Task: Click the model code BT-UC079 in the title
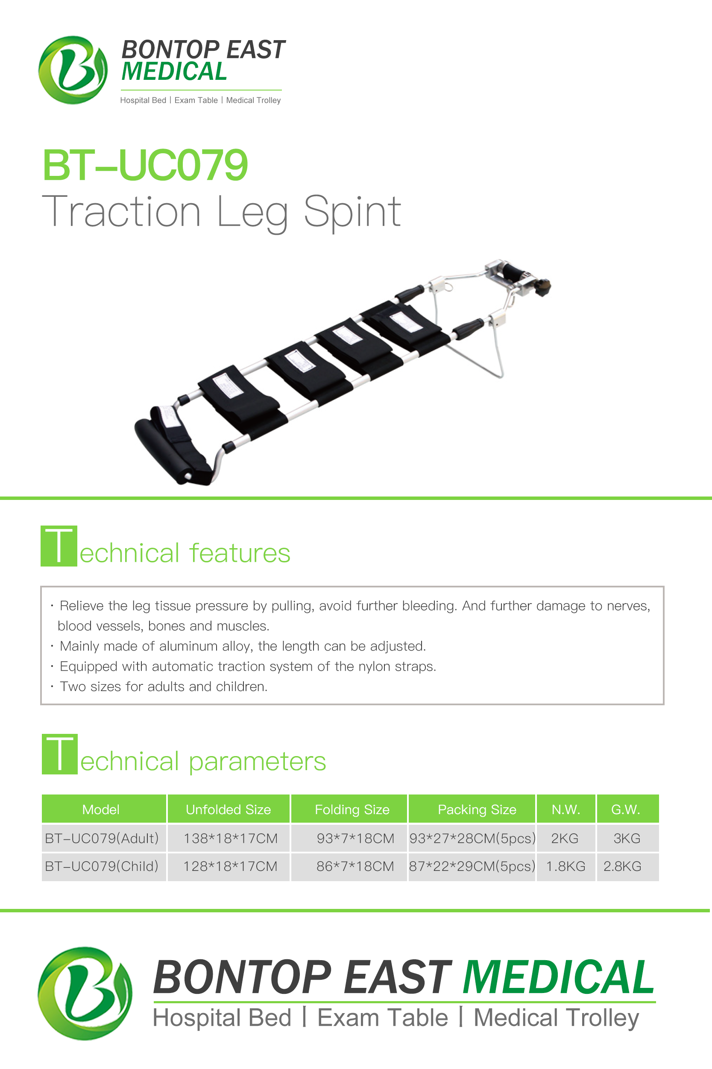tap(145, 165)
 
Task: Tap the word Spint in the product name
tap(352, 212)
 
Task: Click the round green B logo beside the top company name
tap(73, 70)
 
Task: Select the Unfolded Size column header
tap(229, 809)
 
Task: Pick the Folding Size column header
tap(352, 809)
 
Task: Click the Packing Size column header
tap(477, 809)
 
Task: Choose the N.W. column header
tap(566, 809)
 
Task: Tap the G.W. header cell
tap(627, 809)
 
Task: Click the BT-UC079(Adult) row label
tap(102, 838)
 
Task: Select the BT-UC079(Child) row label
tap(102, 866)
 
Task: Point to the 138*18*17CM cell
tap(230, 838)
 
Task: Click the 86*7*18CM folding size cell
tap(355, 866)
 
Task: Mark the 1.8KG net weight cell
tap(566, 866)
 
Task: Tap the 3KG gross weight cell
tap(627, 838)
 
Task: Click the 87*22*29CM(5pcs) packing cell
tap(472, 866)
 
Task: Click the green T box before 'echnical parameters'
tap(59, 754)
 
